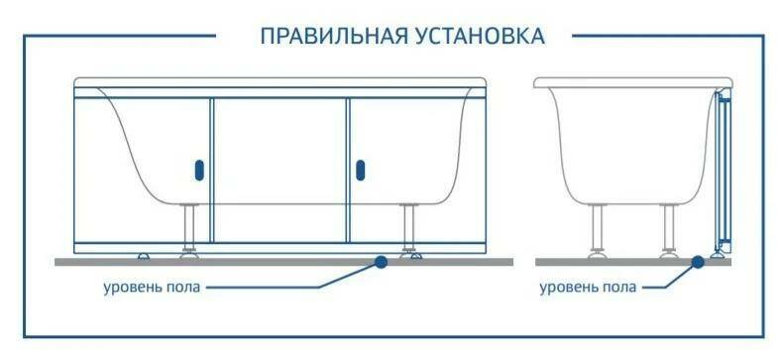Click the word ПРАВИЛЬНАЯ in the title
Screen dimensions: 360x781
coord(327,37)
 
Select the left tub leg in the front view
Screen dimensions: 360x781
coord(186,229)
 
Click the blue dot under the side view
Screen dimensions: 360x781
coord(698,262)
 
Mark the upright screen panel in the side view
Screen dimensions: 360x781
coord(723,169)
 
